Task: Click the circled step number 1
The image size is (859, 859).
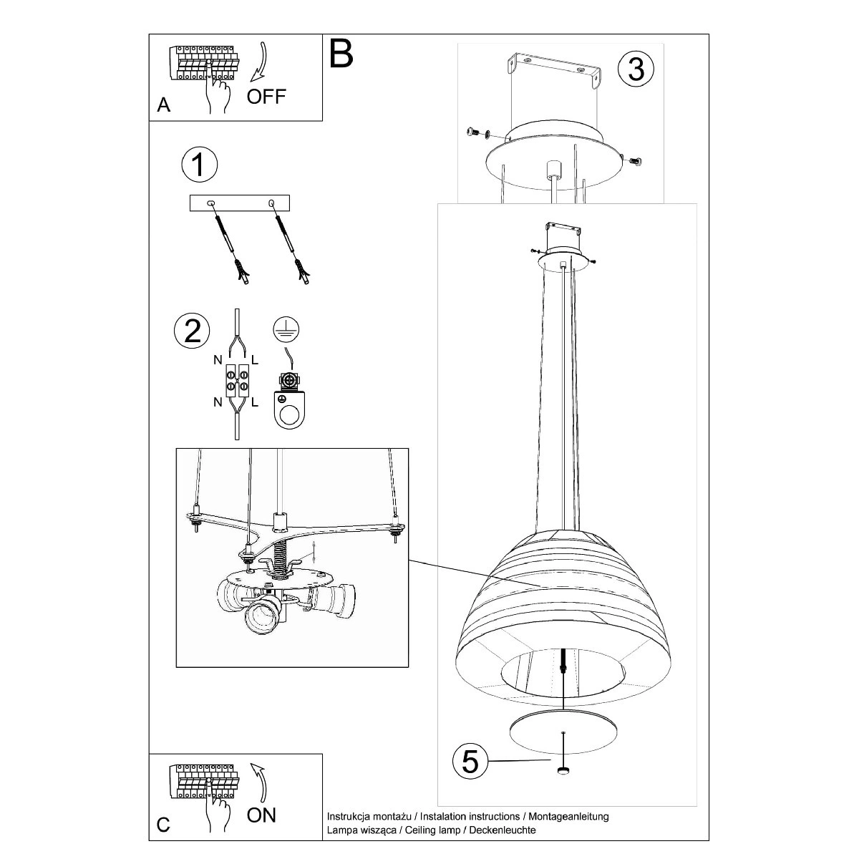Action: (x=199, y=164)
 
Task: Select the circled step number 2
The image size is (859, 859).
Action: (x=192, y=331)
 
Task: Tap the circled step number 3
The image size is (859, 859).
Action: (x=636, y=69)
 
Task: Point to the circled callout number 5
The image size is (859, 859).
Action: (x=470, y=762)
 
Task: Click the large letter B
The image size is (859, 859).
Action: (x=341, y=54)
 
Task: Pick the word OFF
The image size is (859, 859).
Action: (x=266, y=97)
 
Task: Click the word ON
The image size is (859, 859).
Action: (x=262, y=815)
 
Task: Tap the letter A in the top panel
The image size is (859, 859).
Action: (x=164, y=105)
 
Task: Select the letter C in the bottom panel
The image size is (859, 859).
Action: (x=164, y=825)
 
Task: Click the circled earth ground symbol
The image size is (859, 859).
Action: (x=286, y=330)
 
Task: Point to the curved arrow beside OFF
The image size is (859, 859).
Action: (x=258, y=62)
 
